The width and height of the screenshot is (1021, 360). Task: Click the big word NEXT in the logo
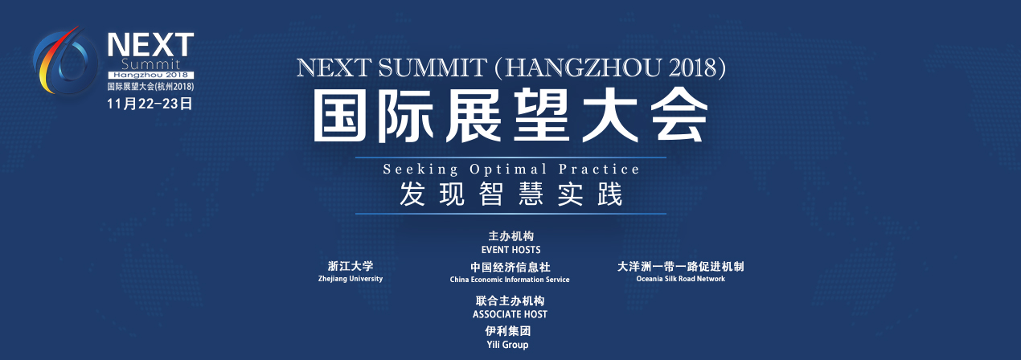click(x=151, y=45)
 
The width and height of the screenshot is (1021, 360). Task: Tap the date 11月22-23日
click(x=150, y=104)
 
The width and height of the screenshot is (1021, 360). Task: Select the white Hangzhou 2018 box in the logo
click(x=151, y=75)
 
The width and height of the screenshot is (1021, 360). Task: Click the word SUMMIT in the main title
click(x=433, y=67)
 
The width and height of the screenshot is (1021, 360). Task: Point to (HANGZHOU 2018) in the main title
click(x=610, y=67)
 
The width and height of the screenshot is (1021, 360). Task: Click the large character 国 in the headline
click(x=340, y=115)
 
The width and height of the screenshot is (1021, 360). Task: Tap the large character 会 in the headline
click(x=679, y=115)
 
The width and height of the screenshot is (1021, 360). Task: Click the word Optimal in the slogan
click(x=508, y=170)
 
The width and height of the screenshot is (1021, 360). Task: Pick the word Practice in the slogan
click(x=599, y=169)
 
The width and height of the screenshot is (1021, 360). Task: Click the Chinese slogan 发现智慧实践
click(x=511, y=194)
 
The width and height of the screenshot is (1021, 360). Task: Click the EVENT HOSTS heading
click(x=511, y=250)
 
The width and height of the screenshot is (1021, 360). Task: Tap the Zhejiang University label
click(x=350, y=279)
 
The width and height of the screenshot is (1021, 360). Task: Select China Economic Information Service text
click(x=510, y=280)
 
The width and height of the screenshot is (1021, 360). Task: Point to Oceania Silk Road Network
click(x=680, y=279)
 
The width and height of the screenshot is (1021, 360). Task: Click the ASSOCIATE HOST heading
click(x=510, y=314)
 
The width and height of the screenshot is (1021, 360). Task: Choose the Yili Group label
click(x=507, y=345)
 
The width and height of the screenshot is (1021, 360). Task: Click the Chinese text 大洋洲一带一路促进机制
click(x=680, y=267)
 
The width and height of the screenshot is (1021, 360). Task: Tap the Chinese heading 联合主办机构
click(x=510, y=301)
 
